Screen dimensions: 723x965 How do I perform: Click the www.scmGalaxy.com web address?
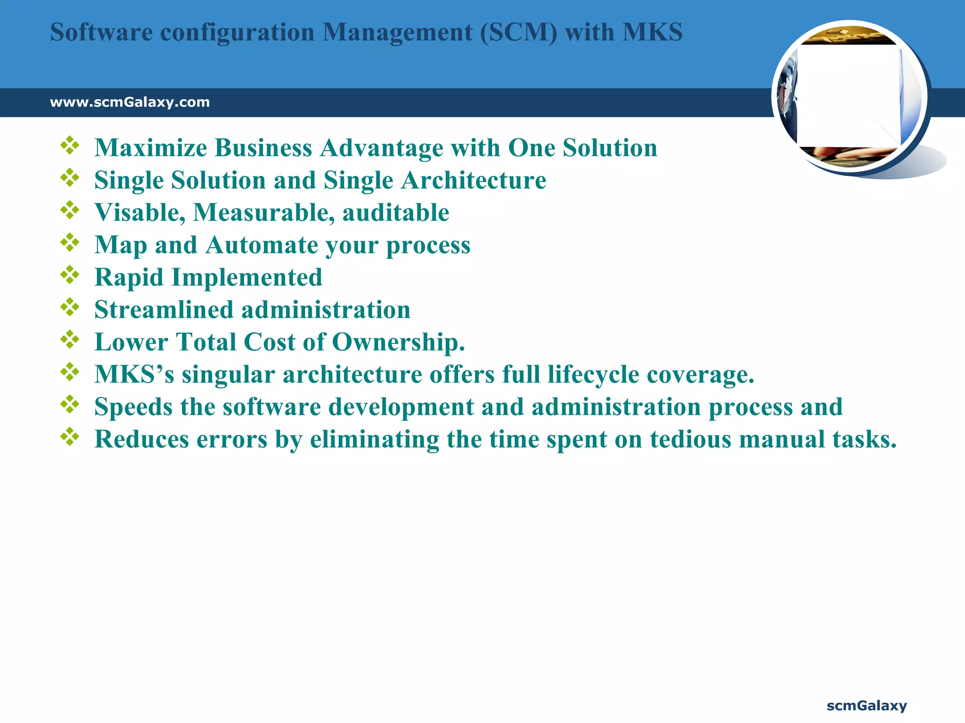pos(130,102)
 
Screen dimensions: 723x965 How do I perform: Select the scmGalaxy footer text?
pos(867,706)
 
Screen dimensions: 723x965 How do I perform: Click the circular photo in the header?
pos(849,97)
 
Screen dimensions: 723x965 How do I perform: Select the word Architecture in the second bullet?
pos(474,180)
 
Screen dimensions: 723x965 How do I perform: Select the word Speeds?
pos(133,407)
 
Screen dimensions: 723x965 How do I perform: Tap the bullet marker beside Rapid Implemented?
pos(70,275)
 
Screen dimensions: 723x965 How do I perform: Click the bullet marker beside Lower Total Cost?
pos(70,340)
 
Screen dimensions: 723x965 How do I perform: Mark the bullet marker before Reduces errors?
pos(70,437)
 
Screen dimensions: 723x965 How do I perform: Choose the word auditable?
pos(395,213)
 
